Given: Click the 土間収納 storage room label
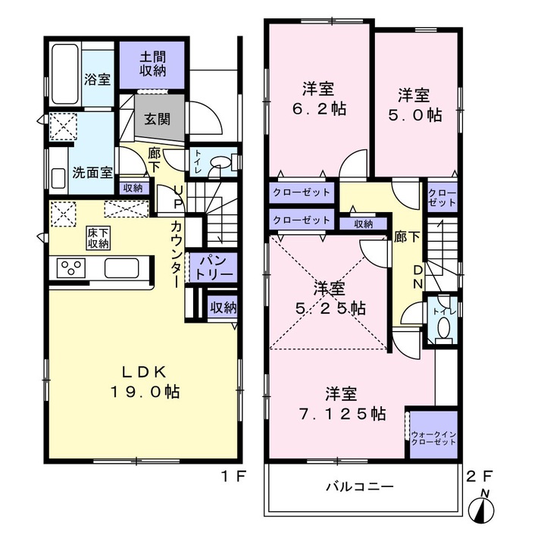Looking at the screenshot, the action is (153, 64).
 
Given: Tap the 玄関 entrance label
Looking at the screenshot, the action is (158, 120).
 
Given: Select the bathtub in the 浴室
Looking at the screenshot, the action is (65, 73).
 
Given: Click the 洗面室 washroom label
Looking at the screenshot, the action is (92, 172).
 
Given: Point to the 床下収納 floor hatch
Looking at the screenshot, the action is (99, 238).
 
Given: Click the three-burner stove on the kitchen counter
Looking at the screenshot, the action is (71, 267).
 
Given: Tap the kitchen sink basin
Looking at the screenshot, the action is (122, 268).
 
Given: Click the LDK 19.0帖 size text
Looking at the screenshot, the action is (145, 382).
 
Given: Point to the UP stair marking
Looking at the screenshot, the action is (178, 197).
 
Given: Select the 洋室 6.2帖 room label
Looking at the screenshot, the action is (319, 99).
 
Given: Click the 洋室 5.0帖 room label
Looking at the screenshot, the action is (414, 105).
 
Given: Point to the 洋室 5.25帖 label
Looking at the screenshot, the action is (330, 298).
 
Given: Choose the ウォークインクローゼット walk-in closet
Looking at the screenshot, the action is (433, 435).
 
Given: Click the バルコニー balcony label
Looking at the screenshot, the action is (360, 487).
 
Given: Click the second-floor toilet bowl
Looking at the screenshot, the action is (443, 327).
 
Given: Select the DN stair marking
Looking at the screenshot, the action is (417, 277).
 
